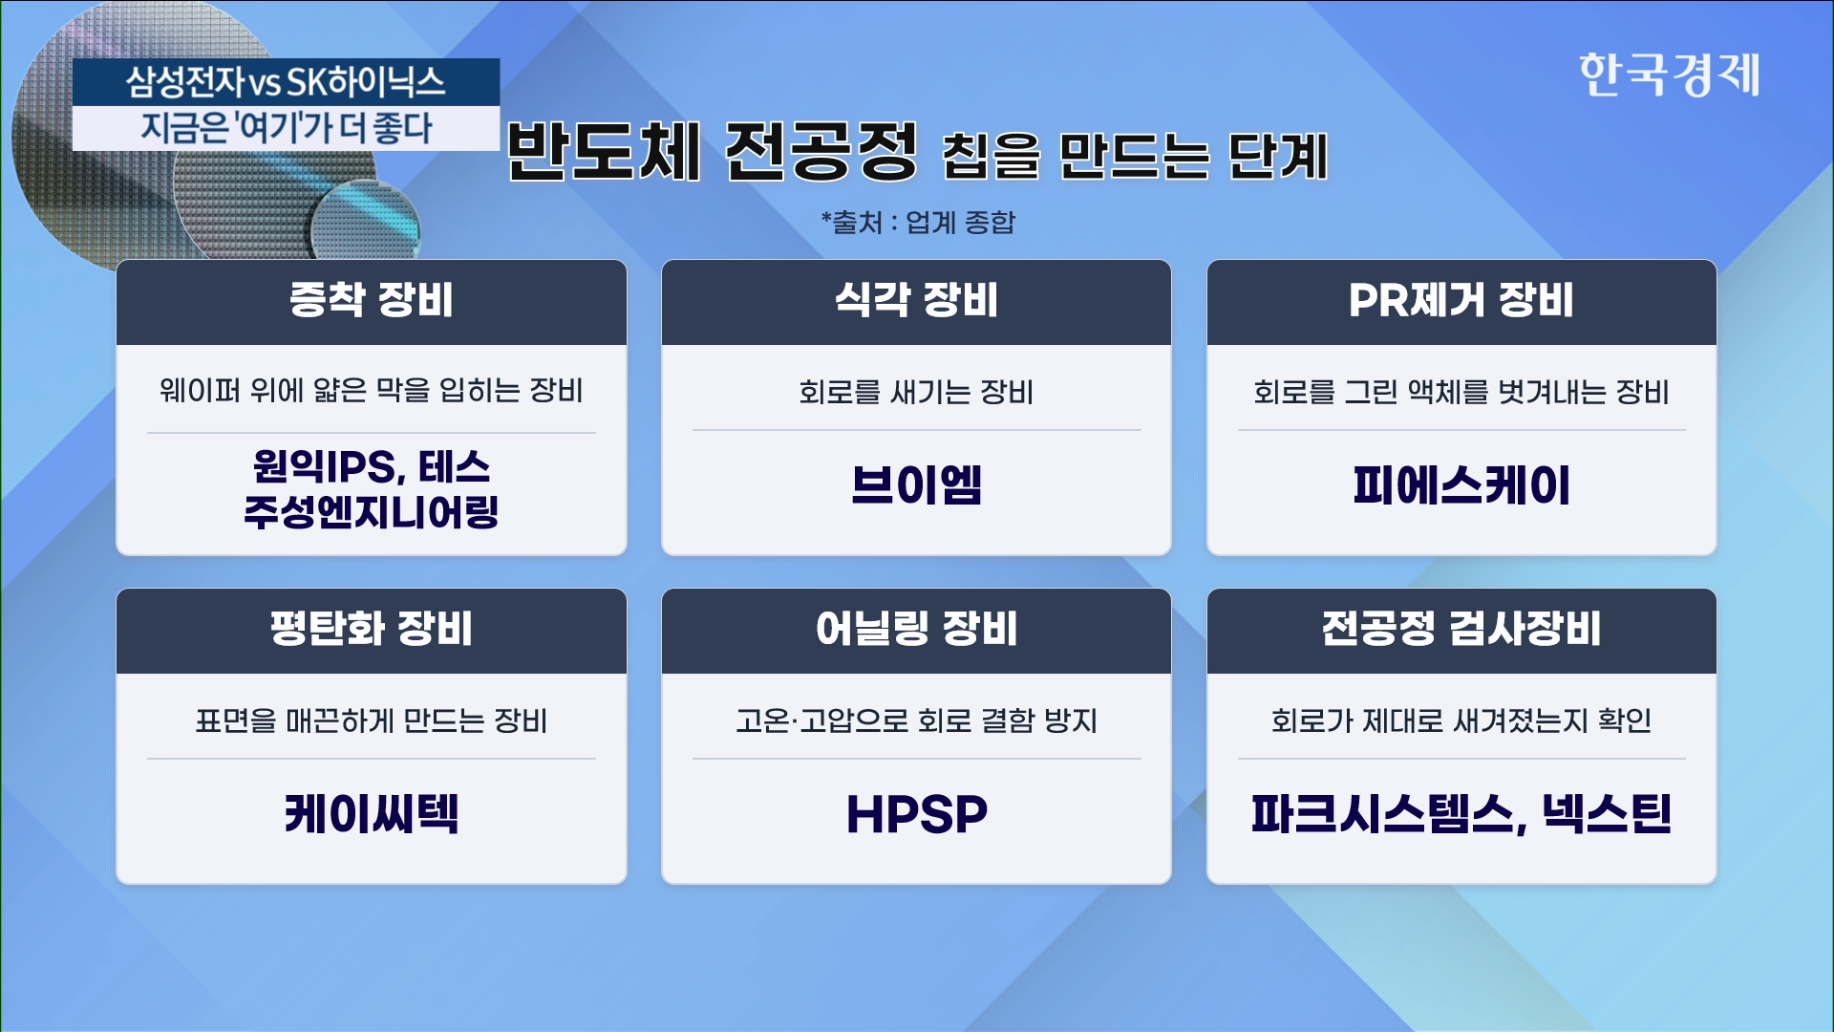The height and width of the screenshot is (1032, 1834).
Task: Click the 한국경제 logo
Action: [1669, 75]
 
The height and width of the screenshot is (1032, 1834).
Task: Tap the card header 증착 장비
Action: [372, 300]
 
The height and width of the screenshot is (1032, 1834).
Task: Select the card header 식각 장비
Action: [916, 300]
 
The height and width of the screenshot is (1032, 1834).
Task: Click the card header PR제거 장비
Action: [1461, 300]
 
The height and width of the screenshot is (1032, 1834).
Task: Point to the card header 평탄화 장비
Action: [372, 629]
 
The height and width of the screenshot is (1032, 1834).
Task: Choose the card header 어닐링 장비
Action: [916, 629]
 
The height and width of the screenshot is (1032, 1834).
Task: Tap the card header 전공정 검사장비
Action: [1461, 629]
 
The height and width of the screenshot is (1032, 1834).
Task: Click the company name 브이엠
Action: [916, 484]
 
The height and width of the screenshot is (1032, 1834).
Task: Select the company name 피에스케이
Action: [1461, 484]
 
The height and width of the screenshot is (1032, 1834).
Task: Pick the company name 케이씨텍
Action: [372, 814]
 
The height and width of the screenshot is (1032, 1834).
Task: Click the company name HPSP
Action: [916, 814]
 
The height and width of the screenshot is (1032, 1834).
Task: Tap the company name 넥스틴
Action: [1607, 814]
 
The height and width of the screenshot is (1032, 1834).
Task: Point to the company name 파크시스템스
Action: [1383, 814]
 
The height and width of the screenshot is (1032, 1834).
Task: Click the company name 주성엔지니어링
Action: [372, 511]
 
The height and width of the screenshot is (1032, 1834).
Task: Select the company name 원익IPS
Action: [324, 466]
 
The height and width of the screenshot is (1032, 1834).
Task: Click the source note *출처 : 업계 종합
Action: [918, 223]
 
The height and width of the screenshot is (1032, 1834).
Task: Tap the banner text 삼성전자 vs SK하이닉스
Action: [286, 82]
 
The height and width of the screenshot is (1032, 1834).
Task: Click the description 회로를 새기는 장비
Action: [916, 392]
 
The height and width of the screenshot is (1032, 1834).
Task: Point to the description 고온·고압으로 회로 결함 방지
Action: [916, 720]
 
